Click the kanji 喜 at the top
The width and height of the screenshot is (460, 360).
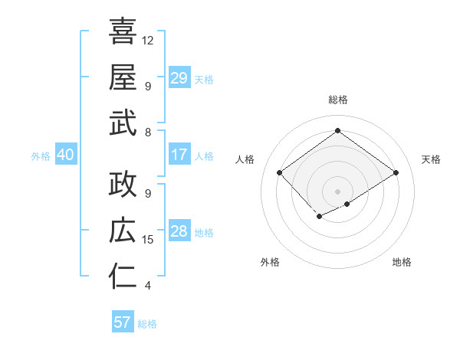(123, 32)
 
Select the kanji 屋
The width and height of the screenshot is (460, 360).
(123, 77)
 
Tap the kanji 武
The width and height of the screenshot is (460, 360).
(123, 123)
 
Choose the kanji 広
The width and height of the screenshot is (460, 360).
(123, 231)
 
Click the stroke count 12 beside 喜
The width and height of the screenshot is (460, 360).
(148, 40)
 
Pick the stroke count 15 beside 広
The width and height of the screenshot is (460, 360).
(148, 240)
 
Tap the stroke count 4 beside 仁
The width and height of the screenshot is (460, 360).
(148, 286)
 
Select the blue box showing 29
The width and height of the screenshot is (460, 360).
(179, 78)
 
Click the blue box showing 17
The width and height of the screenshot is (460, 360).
(179, 155)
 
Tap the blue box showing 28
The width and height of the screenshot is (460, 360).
(179, 232)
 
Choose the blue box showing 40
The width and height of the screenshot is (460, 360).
(65, 155)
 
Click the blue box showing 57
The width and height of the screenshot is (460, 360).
(122, 322)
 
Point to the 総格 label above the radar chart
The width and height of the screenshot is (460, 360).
(337, 100)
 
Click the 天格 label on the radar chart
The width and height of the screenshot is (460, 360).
(431, 159)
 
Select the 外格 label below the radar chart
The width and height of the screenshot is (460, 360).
(270, 262)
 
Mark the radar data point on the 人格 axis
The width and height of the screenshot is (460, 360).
(280, 173)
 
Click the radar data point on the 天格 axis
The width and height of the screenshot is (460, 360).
(396, 173)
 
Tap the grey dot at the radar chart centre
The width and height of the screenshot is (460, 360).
(337, 191)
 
